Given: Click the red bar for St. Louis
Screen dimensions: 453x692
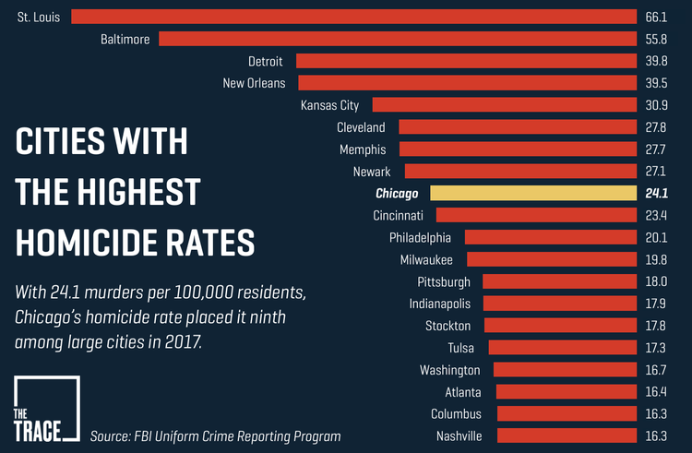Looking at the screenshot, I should coord(353,17).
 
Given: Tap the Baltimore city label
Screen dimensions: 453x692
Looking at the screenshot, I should coord(125,39).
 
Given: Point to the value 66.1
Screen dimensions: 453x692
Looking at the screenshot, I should coord(656,17).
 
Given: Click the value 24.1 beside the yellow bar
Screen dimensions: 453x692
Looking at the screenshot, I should coord(656,193).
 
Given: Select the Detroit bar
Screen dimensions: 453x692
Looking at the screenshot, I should coord(466,61).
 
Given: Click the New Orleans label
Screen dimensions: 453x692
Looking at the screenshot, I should coord(254,83).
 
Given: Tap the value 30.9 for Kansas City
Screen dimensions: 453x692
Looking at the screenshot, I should coord(656,105).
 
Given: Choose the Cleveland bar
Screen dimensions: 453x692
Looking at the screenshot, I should coord(518,127).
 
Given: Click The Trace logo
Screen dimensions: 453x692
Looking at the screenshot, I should coord(46,411).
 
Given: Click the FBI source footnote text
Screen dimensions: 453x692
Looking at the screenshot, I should coord(215,436).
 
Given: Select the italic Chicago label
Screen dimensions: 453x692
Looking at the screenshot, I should coord(397,194).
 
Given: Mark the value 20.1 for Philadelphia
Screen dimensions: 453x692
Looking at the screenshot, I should coord(656,237).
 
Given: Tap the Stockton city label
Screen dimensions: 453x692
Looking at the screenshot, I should coord(447,326).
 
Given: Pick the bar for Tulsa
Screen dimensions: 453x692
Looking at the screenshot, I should coord(562,348).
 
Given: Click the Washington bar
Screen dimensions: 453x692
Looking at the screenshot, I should coord(565,370).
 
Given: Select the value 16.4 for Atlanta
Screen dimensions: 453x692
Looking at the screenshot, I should coord(656,392).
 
